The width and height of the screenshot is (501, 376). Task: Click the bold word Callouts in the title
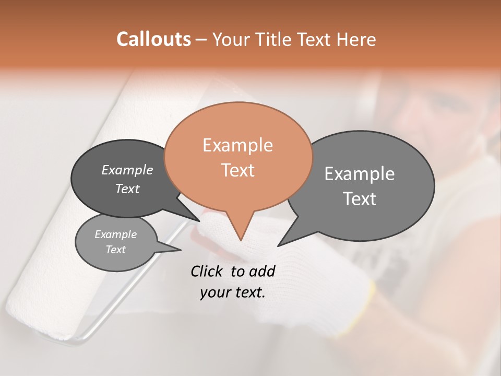(153, 39)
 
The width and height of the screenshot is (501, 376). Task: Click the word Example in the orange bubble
(237, 145)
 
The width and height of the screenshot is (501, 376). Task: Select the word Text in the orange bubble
(237, 170)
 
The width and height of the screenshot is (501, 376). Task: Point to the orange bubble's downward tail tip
(240, 240)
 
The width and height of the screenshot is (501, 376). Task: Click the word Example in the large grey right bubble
(360, 174)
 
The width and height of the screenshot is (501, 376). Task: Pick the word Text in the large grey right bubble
(360, 199)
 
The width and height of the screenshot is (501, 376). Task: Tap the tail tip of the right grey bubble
(279, 245)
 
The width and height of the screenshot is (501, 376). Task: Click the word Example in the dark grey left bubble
(127, 170)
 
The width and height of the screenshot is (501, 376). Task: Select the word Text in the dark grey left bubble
(127, 189)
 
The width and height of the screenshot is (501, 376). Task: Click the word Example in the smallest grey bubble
(115, 234)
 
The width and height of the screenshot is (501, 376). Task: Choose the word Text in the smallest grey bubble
(115, 250)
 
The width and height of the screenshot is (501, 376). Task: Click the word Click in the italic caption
(207, 271)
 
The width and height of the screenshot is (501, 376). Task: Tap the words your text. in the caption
(233, 292)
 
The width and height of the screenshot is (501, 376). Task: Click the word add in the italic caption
(262, 271)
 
